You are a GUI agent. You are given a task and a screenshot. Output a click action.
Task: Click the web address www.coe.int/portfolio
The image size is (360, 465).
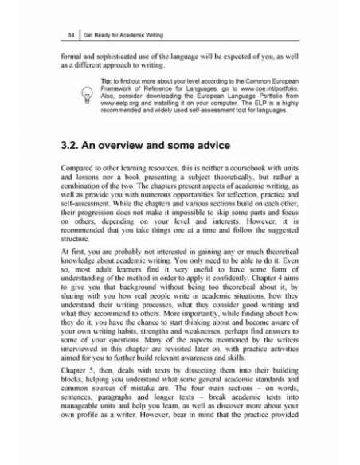click(x=268, y=111)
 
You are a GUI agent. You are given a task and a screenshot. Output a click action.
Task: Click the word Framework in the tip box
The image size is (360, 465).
click(x=122, y=111)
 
